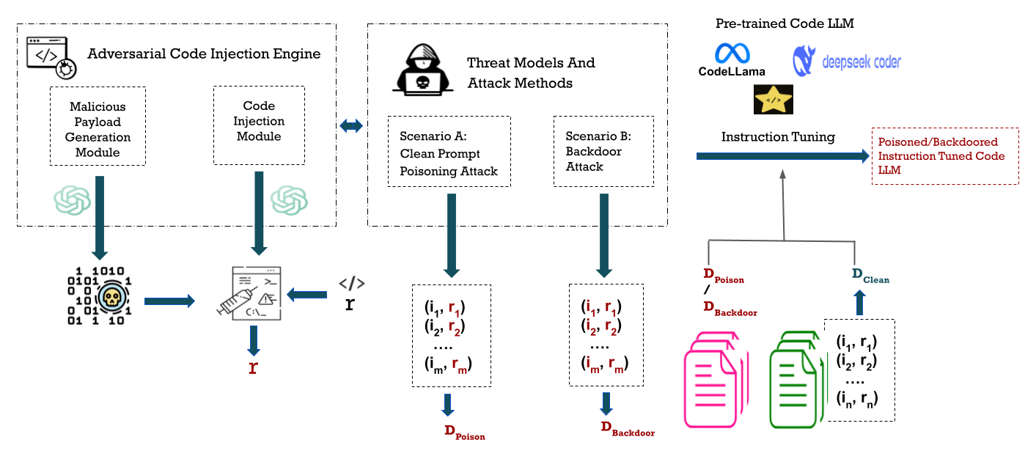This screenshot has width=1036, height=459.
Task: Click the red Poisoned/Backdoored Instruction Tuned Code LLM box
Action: coord(944,156)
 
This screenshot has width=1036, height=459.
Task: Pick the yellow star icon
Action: coord(773,99)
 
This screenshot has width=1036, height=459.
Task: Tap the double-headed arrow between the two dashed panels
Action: coord(351,126)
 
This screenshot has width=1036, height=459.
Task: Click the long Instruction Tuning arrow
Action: coord(781,155)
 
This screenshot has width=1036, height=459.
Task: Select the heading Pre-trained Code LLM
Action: coord(785,24)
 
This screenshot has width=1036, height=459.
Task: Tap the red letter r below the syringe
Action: coord(253,367)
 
